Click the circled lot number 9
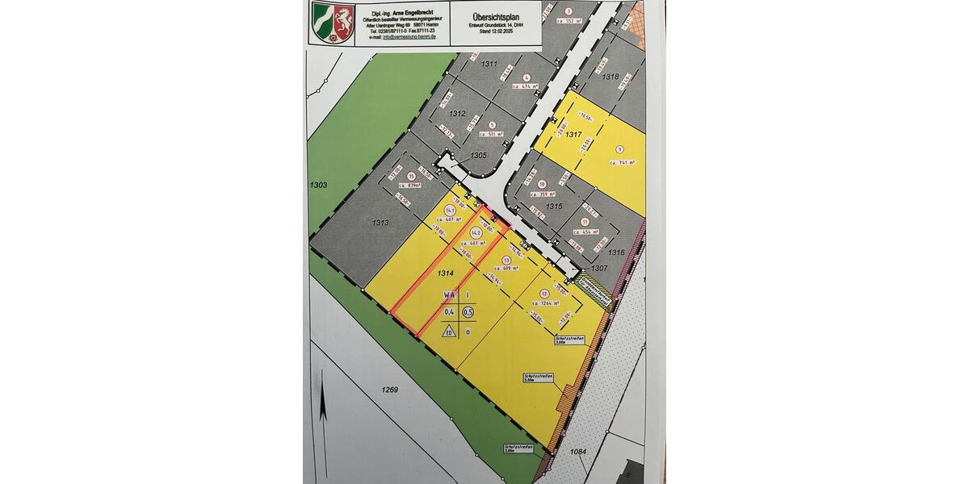(x=620, y=150)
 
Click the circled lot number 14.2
(x=476, y=232)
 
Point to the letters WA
(x=448, y=295)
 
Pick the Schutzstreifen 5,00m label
(x=537, y=379)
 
